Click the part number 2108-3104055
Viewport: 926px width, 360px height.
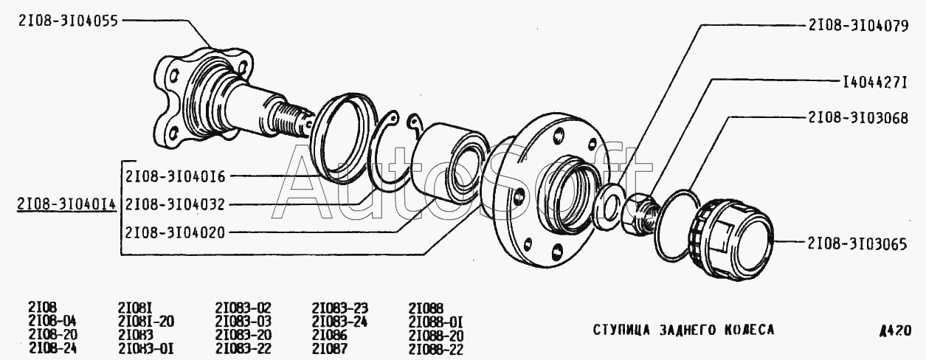(x=68, y=21)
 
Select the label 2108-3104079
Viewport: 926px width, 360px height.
(x=858, y=26)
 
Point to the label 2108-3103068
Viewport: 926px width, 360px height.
(x=858, y=118)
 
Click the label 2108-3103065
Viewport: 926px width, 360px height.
(x=857, y=244)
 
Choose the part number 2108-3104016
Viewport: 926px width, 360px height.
(x=176, y=177)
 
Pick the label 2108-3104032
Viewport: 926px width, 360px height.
(x=175, y=204)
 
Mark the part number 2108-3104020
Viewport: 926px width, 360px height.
(x=175, y=232)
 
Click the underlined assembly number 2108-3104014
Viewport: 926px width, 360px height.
(x=67, y=204)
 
